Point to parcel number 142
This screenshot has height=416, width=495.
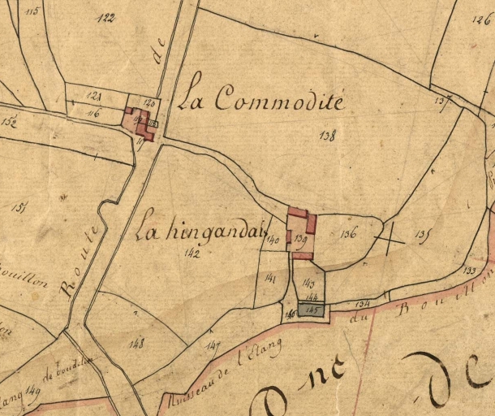[192, 253]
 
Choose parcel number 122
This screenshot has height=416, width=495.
[105, 18]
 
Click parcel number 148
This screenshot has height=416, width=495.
[136, 344]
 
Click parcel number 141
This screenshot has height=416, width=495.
[271, 279]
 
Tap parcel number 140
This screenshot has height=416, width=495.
[273, 240]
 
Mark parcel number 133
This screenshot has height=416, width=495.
[469, 270]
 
